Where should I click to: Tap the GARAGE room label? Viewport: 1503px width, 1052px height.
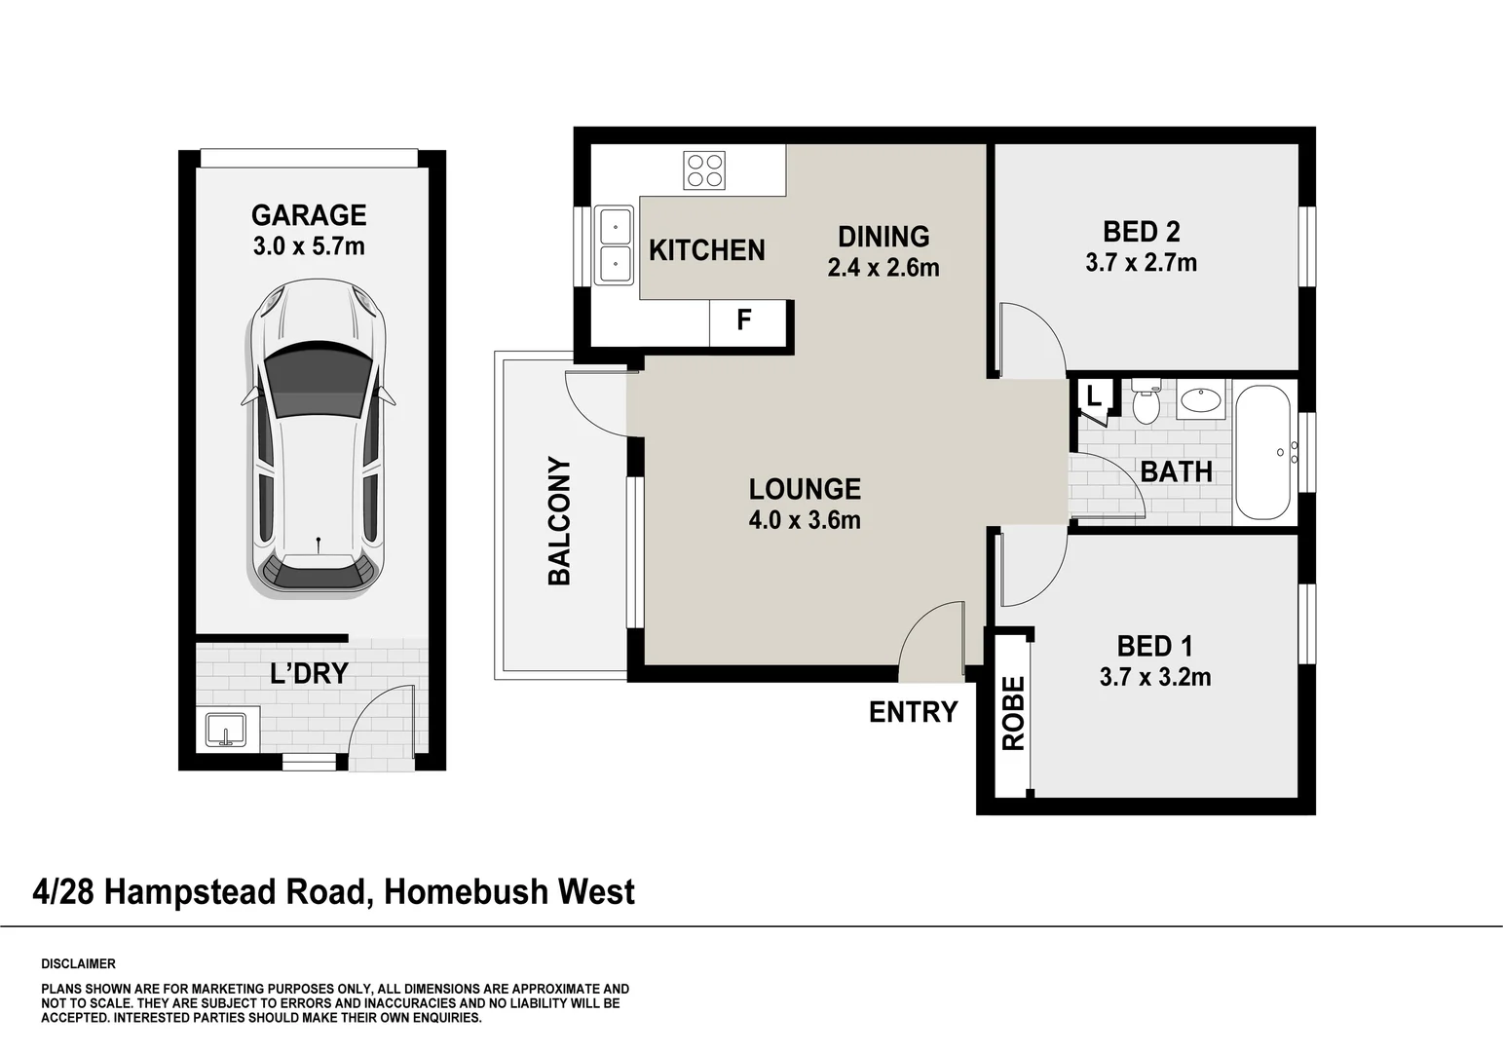click(309, 215)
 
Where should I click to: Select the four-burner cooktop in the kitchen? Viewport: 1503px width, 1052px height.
click(704, 170)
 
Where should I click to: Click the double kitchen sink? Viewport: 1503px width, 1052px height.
click(615, 245)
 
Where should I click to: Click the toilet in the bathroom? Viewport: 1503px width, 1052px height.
click(1146, 402)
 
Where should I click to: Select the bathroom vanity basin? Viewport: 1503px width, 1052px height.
click(1201, 400)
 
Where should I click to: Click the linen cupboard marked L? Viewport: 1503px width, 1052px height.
click(1094, 396)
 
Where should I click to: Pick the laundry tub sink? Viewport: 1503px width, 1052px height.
click(227, 729)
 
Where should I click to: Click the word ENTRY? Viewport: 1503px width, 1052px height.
click(913, 712)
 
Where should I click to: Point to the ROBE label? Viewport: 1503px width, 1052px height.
click(1014, 713)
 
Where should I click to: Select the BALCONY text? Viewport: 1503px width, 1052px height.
click(559, 521)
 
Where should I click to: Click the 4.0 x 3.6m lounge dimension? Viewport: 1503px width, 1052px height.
click(805, 520)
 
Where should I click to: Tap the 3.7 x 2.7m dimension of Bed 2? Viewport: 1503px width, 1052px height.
click(1141, 263)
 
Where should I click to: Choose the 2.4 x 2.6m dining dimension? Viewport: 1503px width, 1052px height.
click(883, 268)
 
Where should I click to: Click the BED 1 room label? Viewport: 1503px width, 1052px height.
click(1154, 646)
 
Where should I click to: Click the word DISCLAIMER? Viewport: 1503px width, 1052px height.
click(78, 964)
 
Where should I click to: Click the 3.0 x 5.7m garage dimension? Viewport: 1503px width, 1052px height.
click(309, 246)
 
